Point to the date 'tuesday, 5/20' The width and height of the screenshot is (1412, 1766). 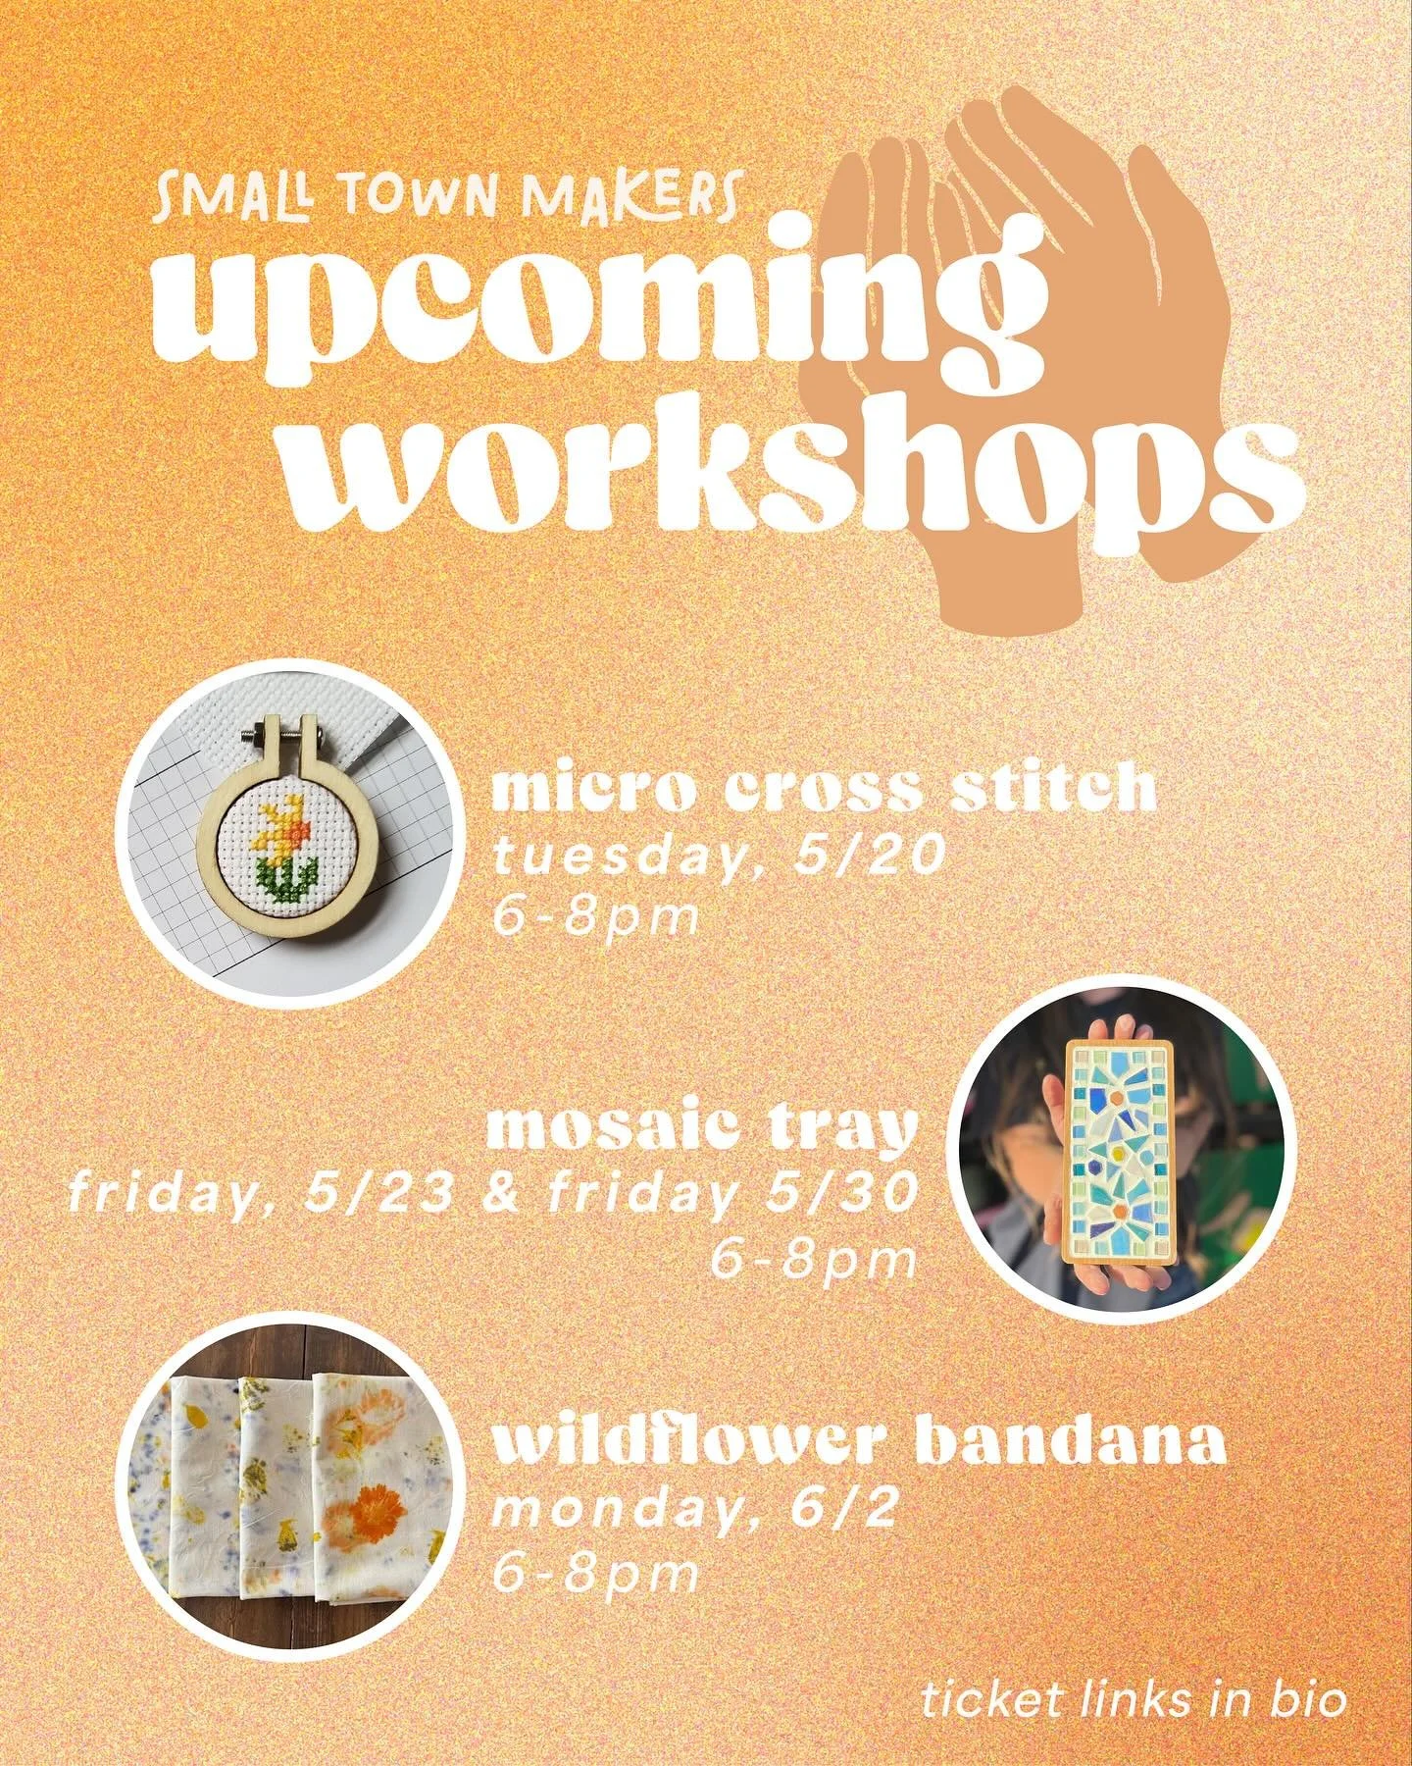point(720,858)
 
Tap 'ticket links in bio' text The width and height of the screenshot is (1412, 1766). point(1134,1674)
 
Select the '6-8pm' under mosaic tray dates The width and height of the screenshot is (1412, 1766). point(813,1260)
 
